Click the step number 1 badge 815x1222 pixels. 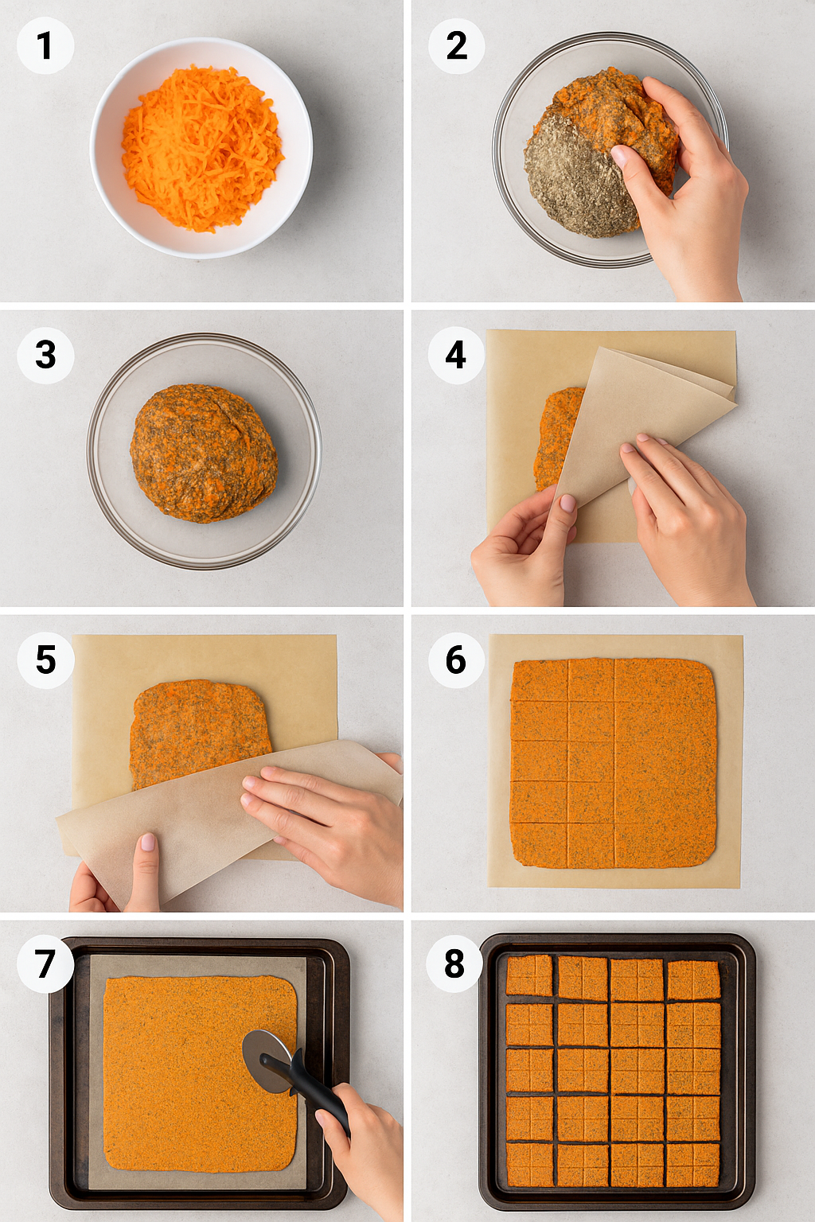click(45, 45)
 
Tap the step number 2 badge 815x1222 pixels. click(456, 45)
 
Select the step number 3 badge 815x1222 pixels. click(45, 355)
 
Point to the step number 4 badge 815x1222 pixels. click(456, 355)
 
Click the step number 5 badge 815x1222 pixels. click(45, 660)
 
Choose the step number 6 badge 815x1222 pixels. click(456, 660)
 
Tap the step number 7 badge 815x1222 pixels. click(45, 964)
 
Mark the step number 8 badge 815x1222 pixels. click(454, 964)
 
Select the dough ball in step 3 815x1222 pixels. click(204, 453)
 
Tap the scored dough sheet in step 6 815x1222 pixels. click(614, 764)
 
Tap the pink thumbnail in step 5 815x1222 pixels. click(148, 842)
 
